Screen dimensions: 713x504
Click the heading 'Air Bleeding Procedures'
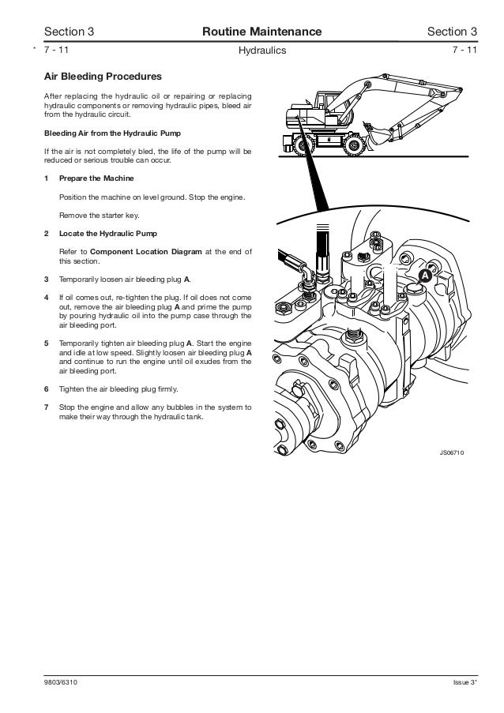(x=103, y=77)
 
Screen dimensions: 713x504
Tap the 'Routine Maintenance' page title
(x=261, y=32)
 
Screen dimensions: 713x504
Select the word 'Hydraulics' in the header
(x=261, y=51)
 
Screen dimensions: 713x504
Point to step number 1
(x=47, y=178)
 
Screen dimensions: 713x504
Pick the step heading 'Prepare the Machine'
(x=96, y=178)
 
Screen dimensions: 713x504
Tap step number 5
(x=47, y=344)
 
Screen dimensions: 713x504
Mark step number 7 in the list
(x=47, y=407)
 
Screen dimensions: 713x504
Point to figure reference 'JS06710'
(x=452, y=453)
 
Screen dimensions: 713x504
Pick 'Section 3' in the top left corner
(x=70, y=32)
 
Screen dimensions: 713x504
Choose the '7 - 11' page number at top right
(x=465, y=51)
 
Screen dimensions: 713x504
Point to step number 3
(x=47, y=280)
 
